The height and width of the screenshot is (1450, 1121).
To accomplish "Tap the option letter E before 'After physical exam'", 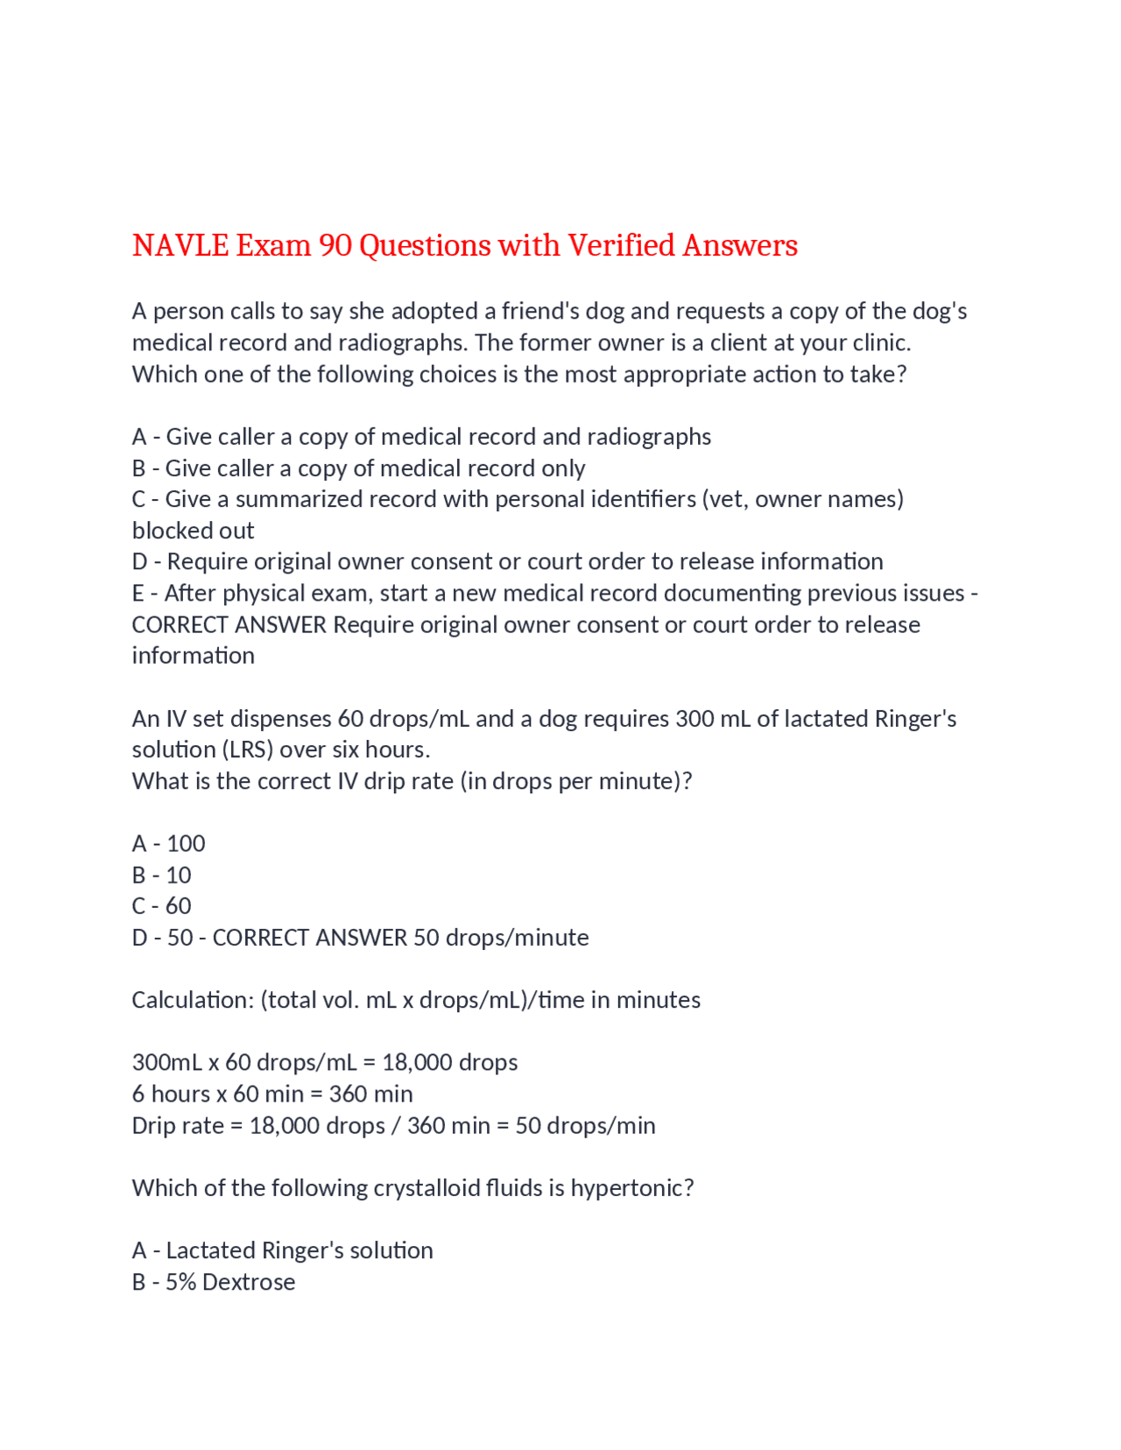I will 138,593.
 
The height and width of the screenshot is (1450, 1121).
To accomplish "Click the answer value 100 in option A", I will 186,843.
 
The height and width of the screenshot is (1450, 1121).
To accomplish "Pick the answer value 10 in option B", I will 179,875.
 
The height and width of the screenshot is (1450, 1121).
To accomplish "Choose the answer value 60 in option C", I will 179,905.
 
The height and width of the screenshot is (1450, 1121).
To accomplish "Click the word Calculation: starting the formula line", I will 193,1000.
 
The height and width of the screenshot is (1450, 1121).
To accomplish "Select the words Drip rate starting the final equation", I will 178,1125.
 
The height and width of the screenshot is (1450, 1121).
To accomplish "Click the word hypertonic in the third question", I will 627,1187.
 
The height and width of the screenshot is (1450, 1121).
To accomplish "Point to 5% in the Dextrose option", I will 180,1282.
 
